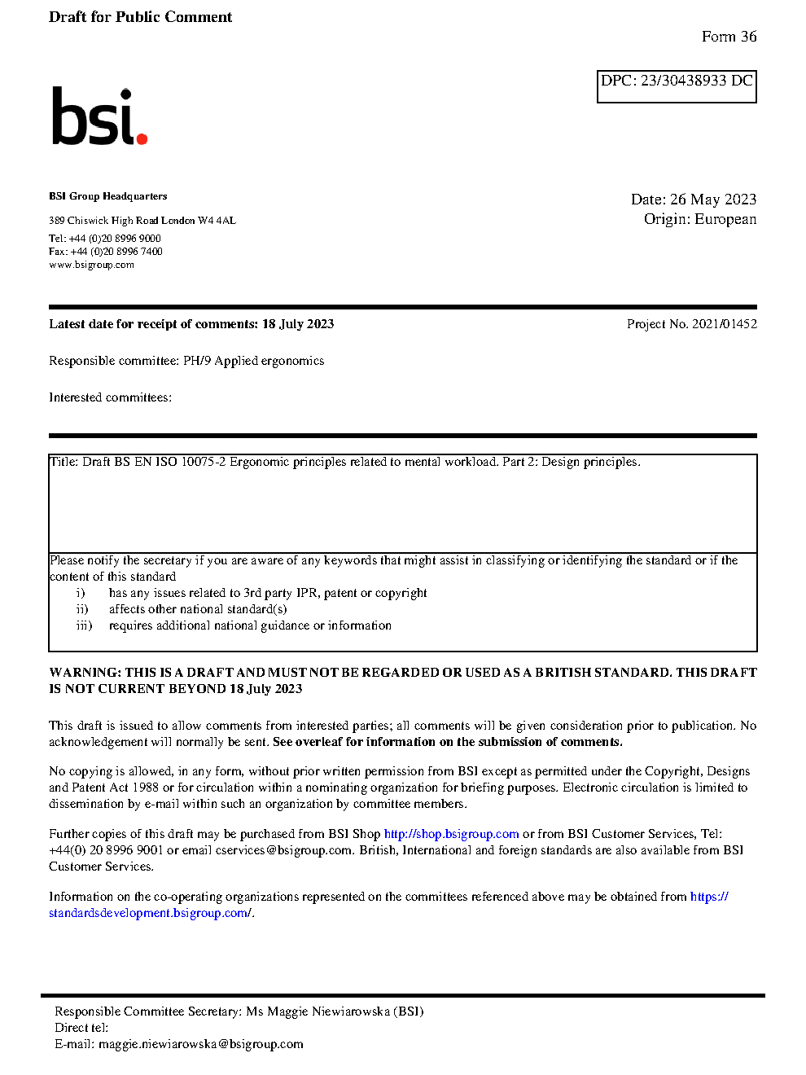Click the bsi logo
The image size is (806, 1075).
click(x=99, y=117)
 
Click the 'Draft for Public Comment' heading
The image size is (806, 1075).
click(x=140, y=17)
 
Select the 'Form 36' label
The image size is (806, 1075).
click(x=729, y=37)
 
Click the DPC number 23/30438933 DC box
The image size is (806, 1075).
click(x=677, y=86)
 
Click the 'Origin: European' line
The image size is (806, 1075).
click(x=700, y=219)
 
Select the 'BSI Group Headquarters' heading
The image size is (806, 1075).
click(x=107, y=196)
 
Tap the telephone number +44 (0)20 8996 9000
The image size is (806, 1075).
click(x=115, y=239)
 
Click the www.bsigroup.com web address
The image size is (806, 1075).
click(x=91, y=265)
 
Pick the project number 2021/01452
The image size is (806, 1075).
click(x=724, y=324)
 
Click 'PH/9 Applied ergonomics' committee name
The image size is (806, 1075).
click(x=253, y=361)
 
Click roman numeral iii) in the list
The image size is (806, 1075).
click(x=84, y=625)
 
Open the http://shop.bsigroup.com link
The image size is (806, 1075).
click(x=451, y=834)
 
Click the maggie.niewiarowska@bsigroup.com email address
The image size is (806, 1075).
click(x=200, y=1044)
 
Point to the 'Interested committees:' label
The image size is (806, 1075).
click(x=110, y=397)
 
